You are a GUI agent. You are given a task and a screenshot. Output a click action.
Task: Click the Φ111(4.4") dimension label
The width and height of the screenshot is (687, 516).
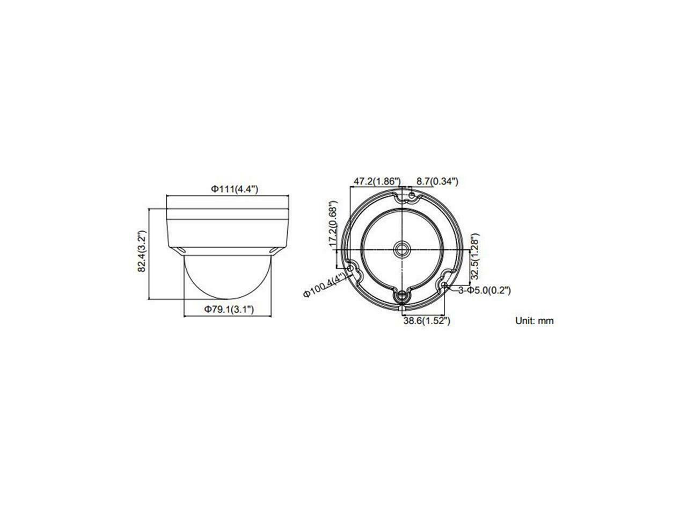click(235, 189)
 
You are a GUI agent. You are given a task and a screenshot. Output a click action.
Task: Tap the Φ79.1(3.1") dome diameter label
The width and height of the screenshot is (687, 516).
click(228, 309)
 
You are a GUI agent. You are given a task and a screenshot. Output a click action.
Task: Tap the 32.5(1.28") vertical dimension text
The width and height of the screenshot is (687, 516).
click(474, 256)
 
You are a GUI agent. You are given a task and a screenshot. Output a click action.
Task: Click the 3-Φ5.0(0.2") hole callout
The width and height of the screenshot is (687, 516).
click(484, 290)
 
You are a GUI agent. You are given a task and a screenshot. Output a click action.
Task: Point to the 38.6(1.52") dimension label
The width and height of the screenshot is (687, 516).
click(426, 321)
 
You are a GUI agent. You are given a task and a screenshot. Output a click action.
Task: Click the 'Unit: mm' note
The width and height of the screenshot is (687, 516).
click(534, 321)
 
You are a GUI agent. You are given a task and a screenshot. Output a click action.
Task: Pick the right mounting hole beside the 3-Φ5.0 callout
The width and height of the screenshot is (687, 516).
click(445, 285)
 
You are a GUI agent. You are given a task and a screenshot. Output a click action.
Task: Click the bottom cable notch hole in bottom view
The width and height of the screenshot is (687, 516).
click(401, 296)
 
